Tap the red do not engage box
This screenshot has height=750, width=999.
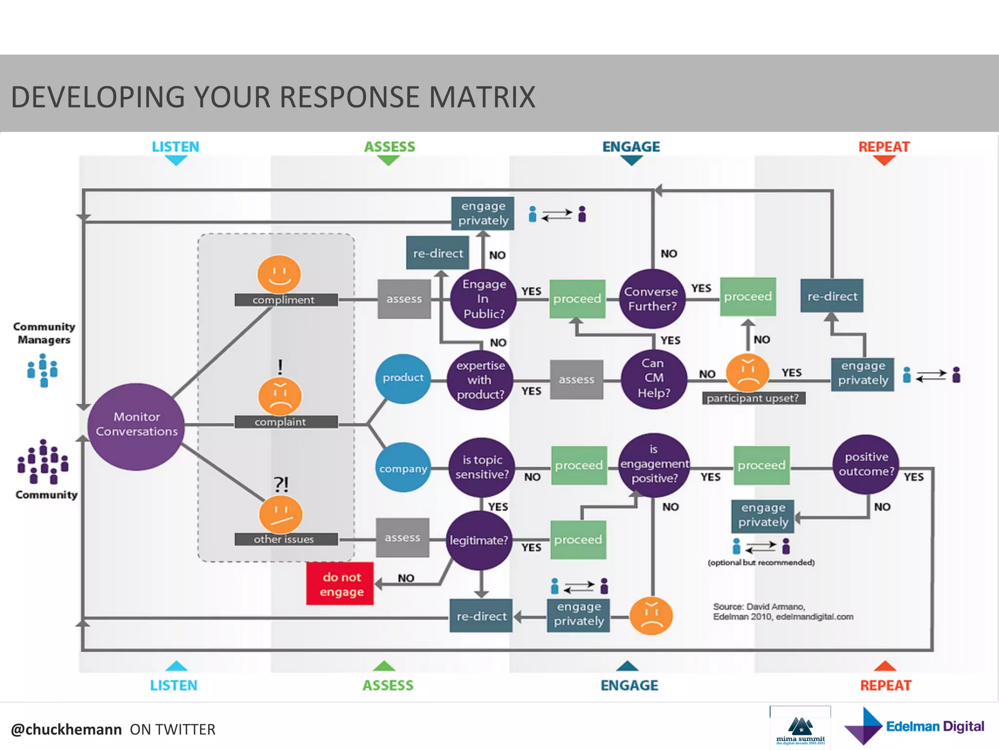tap(340, 583)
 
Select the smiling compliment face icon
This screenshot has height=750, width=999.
tap(279, 274)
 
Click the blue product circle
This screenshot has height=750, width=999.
tap(403, 378)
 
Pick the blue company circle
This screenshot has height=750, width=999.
tap(403, 468)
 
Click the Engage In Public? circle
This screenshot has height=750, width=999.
tap(483, 298)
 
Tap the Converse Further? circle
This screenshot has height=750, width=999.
tap(652, 298)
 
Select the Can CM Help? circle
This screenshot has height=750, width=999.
tap(654, 378)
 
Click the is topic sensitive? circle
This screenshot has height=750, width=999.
tap(482, 467)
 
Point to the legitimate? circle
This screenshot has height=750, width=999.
tap(480, 540)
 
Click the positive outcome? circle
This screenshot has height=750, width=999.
tap(866, 464)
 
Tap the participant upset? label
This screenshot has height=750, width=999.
tap(753, 398)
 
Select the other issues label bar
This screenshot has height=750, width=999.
tap(285, 539)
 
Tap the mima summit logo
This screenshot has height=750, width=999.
tap(800, 728)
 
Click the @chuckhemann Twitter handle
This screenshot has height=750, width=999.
tap(66, 729)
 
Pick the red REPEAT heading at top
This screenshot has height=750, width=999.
tap(884, 146)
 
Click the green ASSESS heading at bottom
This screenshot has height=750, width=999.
tap(388, 685)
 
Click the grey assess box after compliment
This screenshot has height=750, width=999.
tap(404, 299)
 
